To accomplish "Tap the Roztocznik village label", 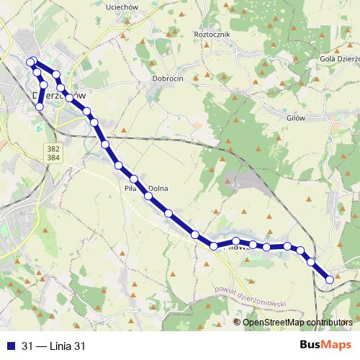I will (x=212, y=33).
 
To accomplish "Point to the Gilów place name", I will (x=295, y=117).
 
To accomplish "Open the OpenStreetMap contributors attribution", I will (x=297, y=322).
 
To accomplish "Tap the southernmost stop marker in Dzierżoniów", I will (x=40, y=107).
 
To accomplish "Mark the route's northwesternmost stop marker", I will (x=31, y=62).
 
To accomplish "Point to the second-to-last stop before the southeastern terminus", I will (x=312, y=262).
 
